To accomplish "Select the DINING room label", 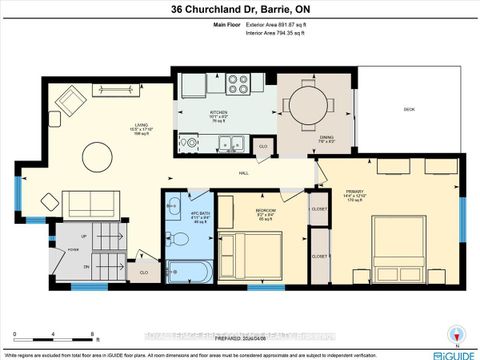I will [x=325, y=137].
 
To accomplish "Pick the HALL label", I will [x=243, y=172].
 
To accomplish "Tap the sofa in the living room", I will [x=91, y=204].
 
